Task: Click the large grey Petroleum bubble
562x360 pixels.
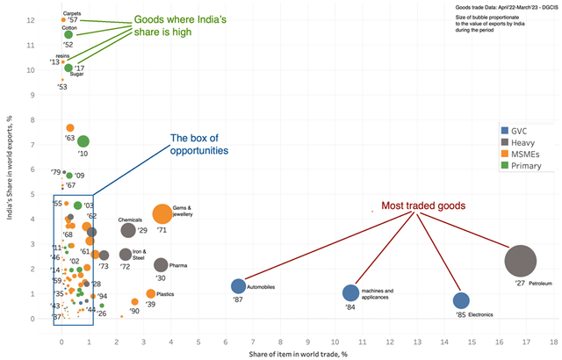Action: click(x=521, y=261)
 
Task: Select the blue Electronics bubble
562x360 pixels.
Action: click(x=461, y=301)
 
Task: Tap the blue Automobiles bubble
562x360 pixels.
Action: click(x=238, y=286)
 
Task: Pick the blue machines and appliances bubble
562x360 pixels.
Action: click(x=350, y=292)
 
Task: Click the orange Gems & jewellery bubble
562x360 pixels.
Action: click(x=162, y=214)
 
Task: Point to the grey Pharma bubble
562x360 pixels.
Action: click(x=160, y=264)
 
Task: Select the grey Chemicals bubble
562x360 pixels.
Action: click(x=128, y=231)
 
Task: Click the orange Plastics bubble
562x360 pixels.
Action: click(x=150, y=293)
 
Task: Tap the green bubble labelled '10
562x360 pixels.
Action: click(x=83, y=141)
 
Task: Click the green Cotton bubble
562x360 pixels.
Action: click(x=68, y=35)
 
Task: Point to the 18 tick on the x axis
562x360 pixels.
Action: click(x=554, y=338)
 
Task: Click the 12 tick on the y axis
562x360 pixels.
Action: click(x=31, y=19)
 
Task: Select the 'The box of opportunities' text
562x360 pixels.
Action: click(x=199, y=144)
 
